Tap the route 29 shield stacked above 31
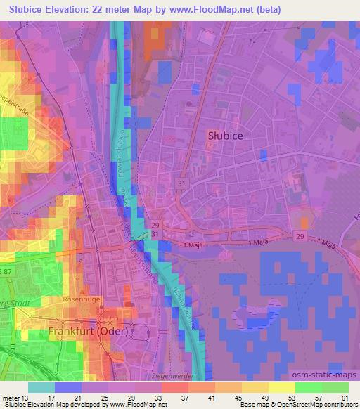[155, 224]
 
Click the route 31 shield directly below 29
[155, 234]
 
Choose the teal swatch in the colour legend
[43, 387]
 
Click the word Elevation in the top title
[70, 10]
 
